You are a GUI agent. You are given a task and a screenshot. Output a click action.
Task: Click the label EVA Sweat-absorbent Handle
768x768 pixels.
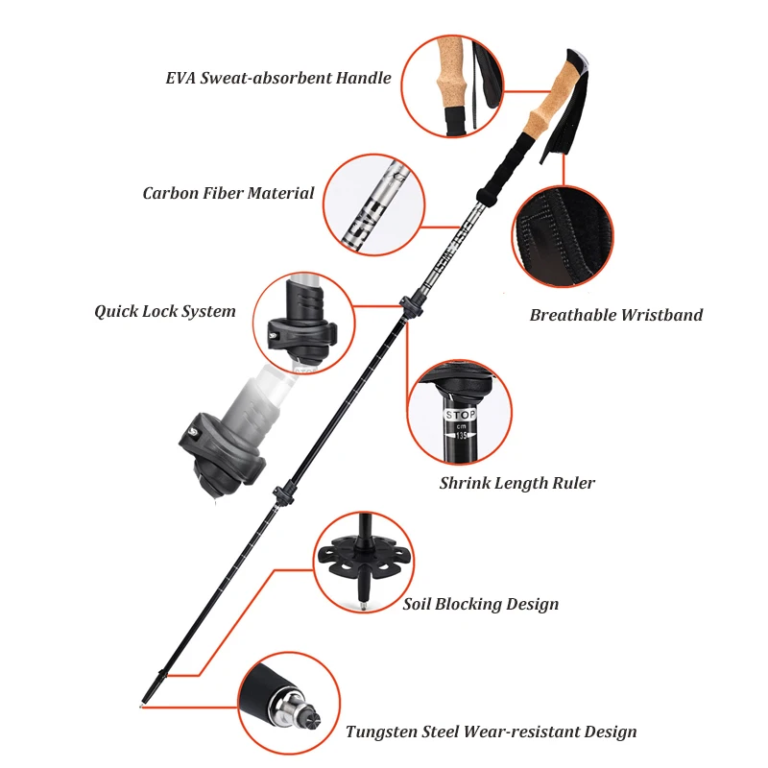[278, 78]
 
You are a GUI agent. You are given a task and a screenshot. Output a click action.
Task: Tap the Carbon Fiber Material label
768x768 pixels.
[228, 193]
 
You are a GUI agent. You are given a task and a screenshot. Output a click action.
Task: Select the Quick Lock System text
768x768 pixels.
[164, 311]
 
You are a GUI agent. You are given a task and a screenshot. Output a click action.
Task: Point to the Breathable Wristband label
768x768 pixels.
[616, 315]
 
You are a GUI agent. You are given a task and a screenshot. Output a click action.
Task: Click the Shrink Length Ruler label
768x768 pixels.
[516, 483]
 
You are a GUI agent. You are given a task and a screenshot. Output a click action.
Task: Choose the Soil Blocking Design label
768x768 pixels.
[480, 604]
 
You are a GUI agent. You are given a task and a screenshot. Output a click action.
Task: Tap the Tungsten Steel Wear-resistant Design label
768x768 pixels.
[491, 732]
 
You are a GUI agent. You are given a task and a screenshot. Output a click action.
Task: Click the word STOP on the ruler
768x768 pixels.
[461, 415]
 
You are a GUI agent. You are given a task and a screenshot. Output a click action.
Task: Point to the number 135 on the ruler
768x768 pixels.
[461, 435]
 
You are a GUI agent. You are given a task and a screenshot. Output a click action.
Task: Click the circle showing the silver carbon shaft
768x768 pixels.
[374, 204]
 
